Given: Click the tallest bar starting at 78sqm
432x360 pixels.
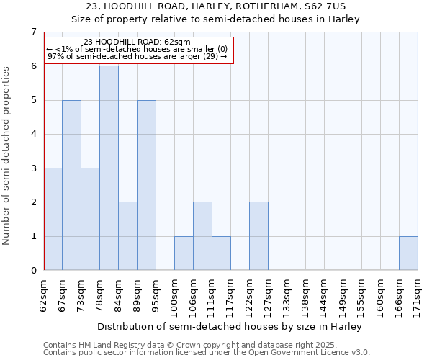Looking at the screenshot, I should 109,168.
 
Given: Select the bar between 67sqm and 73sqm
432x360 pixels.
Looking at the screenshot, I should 71,185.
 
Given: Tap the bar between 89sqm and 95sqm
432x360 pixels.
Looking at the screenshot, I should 146,185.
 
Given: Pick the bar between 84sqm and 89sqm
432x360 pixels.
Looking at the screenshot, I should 127,236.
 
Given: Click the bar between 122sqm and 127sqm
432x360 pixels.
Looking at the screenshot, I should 258,236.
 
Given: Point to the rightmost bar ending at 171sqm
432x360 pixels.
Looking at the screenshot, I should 408,253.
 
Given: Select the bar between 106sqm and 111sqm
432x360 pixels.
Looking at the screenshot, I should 202,236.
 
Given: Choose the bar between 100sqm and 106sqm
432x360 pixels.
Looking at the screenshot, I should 184,253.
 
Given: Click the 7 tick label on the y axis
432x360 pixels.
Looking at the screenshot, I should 33,32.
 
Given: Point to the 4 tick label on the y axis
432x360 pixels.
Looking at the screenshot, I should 33,134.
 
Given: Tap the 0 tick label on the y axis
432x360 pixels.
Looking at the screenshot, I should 33,271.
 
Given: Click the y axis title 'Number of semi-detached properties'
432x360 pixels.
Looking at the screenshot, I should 7,156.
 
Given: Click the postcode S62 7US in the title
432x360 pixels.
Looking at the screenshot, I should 333,6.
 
